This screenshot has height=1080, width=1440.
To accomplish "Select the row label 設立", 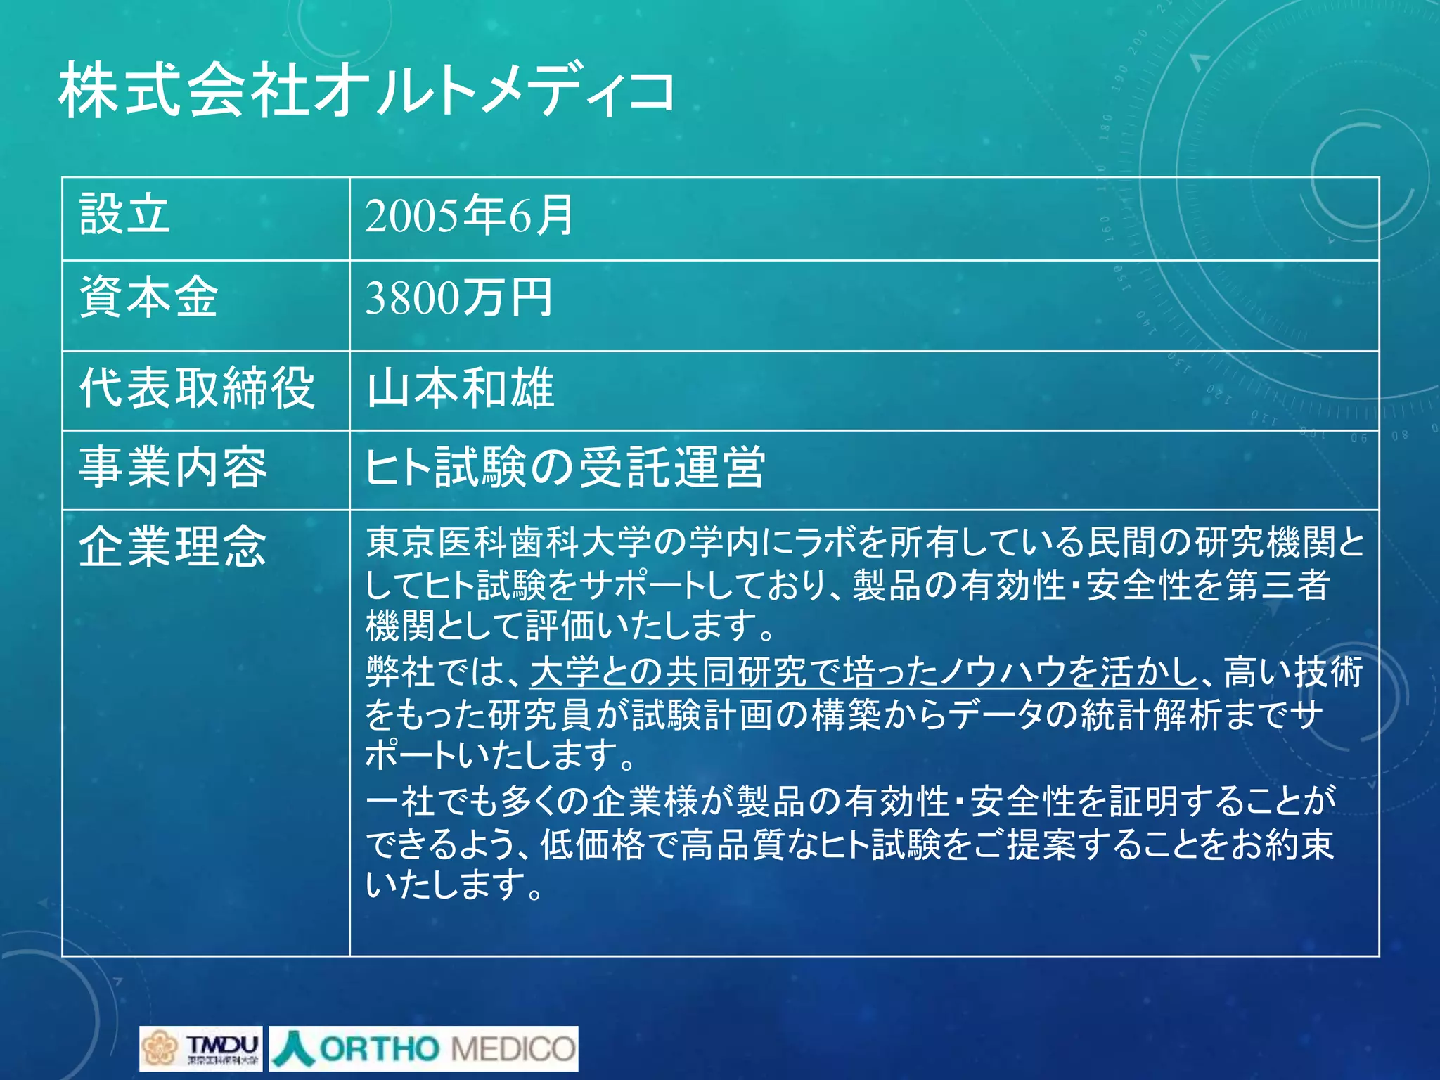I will pyautogui.click(x=124, y=214).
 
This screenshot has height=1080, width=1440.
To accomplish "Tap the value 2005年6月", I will pyautogui.click(x=469, y=215).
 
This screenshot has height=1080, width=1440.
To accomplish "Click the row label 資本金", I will pyautogui.click(x=148, y=297).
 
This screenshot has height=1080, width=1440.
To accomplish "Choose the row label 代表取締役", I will pyautogui.click(x=197, y=387).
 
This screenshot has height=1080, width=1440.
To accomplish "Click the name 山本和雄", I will pyautogui.click(x=461, y=388).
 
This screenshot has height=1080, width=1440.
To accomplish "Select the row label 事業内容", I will pyautogui.click(x=173, y=467).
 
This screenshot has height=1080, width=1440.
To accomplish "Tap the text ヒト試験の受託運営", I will pyautogui.click(x=565, y=467).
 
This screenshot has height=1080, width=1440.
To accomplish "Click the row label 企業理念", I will pyautogui.click(x=173, y=546).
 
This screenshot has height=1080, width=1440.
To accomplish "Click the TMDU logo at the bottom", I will pyautogui.click(x=200, y=1048).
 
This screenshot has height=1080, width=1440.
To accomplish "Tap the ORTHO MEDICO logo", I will pyautogui.click(x=423, y=1048).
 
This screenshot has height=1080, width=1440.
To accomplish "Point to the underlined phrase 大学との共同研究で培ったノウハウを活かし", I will pyautogui.click(x=863, y=671).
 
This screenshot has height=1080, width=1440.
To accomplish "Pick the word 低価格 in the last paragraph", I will pyautogui.click(x=592, y=844).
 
